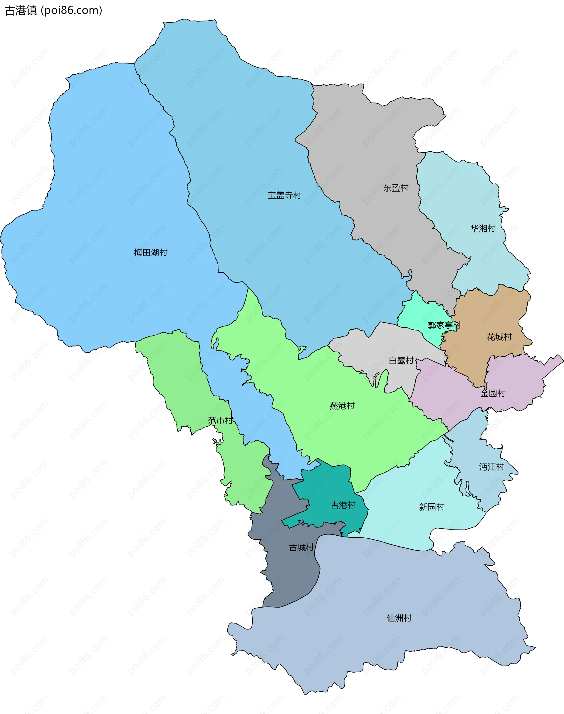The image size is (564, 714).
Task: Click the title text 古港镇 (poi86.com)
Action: pyautogui.click(x=53, y=11)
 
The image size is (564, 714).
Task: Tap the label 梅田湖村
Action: pyautogui.click(x=151, y=253)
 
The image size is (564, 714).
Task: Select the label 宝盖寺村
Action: pyautogui.click(x=284, y=195)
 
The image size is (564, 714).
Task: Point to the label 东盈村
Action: pyautogui.click(x=396, y=188)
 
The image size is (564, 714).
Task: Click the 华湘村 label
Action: pyautogui.click(x=483, y=228)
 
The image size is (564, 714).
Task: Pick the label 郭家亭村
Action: pyautogui.click(x=444, y=325)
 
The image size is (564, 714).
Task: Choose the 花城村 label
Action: pyautogui.click(x=499, y=337)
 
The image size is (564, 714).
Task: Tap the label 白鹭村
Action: pyautogui.click(x=401, y=360)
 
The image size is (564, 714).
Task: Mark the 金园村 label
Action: pyautogui.click(x=493, y=393)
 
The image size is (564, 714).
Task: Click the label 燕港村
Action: pyautogui.click(x=342, y=405)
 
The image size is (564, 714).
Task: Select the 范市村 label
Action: pyautogui.click(x=220, y=421)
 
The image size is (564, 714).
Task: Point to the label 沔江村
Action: pyautogui.click(x=491, y=467)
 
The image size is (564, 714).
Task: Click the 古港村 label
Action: pyautogui.click(x=343, y=505)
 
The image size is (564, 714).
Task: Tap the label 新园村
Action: pyautogui.click(x=432, y=507)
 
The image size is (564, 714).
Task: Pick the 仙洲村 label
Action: pyautogui.click(x=399, y=618)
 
